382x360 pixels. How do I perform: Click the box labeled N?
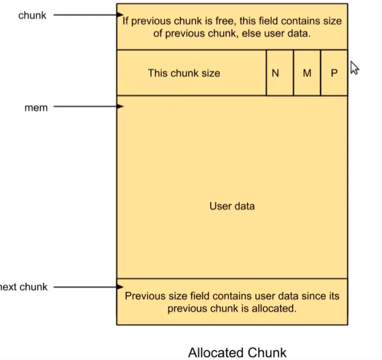(x=275, y=73)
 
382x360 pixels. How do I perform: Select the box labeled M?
(x=307, y=73)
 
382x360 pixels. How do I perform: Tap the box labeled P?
(x=334, y=73)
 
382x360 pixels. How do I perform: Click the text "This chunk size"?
(x=184, y=73)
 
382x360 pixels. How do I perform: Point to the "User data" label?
(x=232, y=206)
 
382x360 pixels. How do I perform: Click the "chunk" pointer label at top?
(x=33, y=15)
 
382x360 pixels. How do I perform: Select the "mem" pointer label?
(x=36, y=108)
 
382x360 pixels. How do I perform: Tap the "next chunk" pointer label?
(x=24, y=287)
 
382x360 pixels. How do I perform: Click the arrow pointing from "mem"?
(x=88, y=107)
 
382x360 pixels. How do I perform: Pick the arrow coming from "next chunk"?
(x=88, y=287)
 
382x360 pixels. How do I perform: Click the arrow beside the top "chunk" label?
(x=88, y=15)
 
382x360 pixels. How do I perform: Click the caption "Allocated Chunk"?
(x=237, y=353)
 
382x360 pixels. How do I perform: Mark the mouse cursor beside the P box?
(x=354, y=68)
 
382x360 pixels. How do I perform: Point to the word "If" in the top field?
(x=126, y=21)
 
